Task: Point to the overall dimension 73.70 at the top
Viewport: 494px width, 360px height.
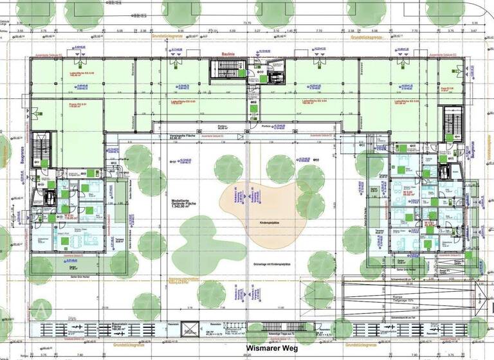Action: coord(246,22)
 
